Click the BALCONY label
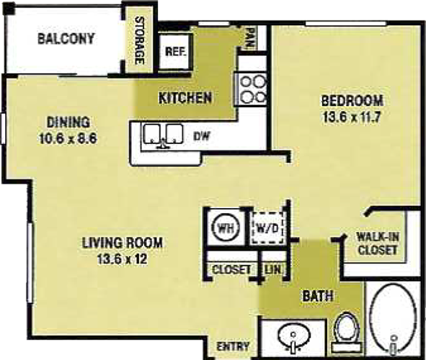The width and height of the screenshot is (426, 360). pos(66,39)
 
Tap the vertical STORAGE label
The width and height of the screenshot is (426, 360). pos(139,40)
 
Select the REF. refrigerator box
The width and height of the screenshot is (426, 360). pos(175,51)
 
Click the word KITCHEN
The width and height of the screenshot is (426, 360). pos(185,98)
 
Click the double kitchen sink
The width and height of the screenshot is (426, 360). pos(162,135)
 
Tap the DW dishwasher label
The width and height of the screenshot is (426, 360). pos(202,136)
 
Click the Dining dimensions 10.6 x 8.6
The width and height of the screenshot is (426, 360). pos(68,139)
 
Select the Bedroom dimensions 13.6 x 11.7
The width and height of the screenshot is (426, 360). pos(352,118)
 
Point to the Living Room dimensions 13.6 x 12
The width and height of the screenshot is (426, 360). pos(123,259)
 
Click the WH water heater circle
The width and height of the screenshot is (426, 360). pos(226,228)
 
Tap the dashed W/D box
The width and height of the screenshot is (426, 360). pos(268,228)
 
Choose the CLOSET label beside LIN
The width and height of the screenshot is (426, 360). pos(231,270)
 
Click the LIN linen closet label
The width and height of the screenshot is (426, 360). pos(273,270)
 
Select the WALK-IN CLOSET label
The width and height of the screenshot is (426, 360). pos(378,243)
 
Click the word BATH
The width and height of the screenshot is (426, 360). pos(318,296)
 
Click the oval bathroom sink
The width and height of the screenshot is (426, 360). pos(294,336)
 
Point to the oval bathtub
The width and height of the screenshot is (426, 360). pos(393,320)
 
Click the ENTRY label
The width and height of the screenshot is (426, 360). pos(233,346)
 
